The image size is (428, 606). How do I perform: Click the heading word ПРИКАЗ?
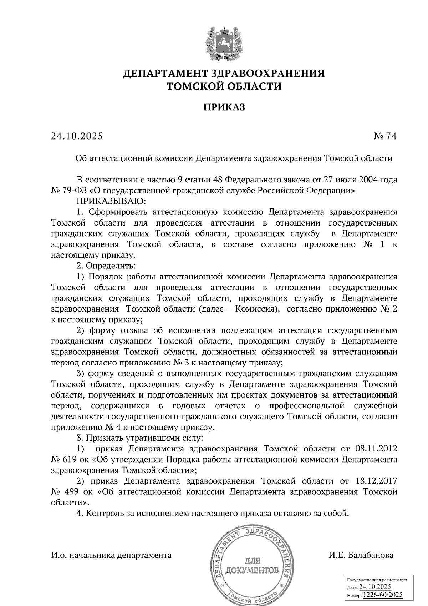[x=224, y=107]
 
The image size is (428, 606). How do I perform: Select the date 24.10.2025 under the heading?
[x=77, y=136]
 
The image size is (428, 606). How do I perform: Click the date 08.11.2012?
[x=376, y=449]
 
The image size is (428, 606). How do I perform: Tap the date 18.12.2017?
[x=376, y=481]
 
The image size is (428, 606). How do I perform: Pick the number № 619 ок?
[x=71, y=459]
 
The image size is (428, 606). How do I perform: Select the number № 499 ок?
[x=71, y=491]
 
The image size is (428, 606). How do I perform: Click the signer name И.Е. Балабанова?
[x=361, y=555]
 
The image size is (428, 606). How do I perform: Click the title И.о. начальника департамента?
[x=111, y=555]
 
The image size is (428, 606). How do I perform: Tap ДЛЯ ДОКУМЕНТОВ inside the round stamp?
[x=253, y=565]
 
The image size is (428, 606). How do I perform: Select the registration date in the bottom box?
[x=375, y=587]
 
